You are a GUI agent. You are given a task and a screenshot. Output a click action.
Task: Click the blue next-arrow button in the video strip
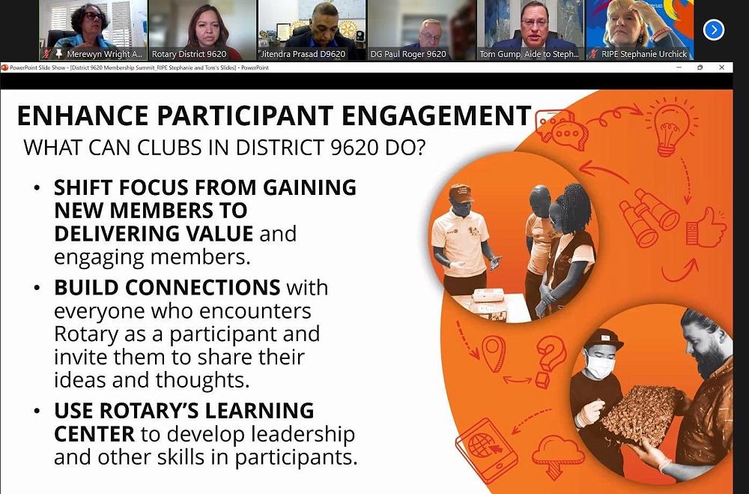(x=714, y=30)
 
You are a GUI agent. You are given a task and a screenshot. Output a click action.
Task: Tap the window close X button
(x=722, y=67)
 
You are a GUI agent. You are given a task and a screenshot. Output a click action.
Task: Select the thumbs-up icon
(x=706, y=228)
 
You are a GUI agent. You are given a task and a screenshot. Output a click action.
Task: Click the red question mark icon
(x=550, y=361)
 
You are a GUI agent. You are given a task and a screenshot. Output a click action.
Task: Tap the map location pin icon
(x=494, y=353)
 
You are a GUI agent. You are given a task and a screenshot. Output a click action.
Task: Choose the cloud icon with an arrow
(x=557, y=457)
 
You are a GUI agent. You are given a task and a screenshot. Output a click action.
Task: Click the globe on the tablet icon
(x=482, y=446)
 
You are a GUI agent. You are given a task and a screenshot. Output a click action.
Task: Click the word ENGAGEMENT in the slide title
(x=437, y=115)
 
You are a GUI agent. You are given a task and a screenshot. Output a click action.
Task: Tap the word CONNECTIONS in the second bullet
(x=167, y=287)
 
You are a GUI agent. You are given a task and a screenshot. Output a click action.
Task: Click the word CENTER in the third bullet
(x=94, y=434)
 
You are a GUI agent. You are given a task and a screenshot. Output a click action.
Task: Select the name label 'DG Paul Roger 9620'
(x=408, y=54)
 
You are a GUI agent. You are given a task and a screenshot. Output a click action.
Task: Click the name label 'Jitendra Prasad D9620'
(x=303, y=54)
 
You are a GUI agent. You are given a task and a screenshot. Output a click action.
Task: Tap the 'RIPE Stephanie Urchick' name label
(x=644, y=54)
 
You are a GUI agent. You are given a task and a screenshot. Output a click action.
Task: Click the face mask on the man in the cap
(x=599, y=367)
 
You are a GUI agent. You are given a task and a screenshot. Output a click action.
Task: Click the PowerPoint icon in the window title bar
(x=4, y=67)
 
